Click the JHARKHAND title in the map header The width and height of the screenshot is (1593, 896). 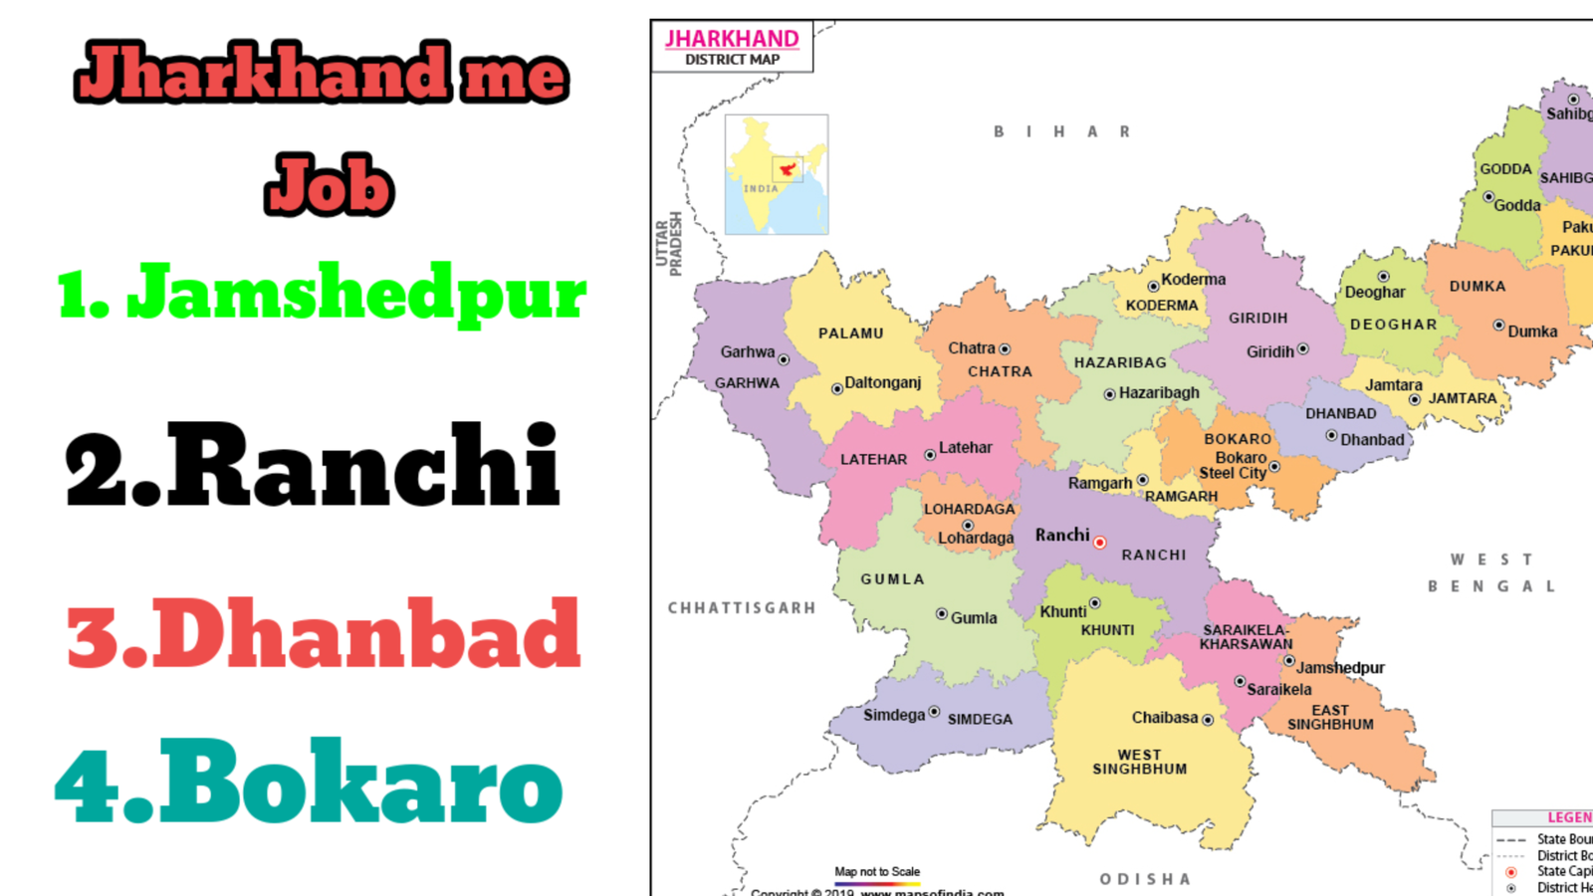tap(732, 39)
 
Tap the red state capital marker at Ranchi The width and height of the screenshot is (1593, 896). tap(1099, 543)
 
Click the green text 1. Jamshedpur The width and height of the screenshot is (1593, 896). tap(322, 293)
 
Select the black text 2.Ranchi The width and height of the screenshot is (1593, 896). tap(313, 466)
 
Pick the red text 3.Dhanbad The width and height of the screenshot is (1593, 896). tap(324, 634)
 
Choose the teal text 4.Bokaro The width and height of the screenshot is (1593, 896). tap(309, 783)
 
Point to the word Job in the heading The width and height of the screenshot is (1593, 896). tap(330, 185)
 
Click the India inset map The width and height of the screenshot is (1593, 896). tap(777, 175)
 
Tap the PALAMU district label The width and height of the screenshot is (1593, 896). tap(850, 334)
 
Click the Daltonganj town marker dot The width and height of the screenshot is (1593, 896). tap(837, 388)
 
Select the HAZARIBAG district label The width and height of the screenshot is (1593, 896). tap(1120, 363)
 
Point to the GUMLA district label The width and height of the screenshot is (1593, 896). tap(892, 579)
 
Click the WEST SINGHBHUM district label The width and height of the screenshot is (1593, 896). tap(1140, 762)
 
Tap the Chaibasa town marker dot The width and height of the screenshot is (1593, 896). tap(1208, 720)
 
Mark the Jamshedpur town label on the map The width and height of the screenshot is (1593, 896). tap(1340, 668)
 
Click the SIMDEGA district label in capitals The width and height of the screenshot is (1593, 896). tap(980, 719)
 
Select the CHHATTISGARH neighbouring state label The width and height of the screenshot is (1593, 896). tap(742, 608)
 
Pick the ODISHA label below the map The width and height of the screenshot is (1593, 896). tap(1145, 879)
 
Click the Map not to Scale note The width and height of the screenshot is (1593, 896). tap(877, 872)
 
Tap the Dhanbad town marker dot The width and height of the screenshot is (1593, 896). tap(1331, 435)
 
